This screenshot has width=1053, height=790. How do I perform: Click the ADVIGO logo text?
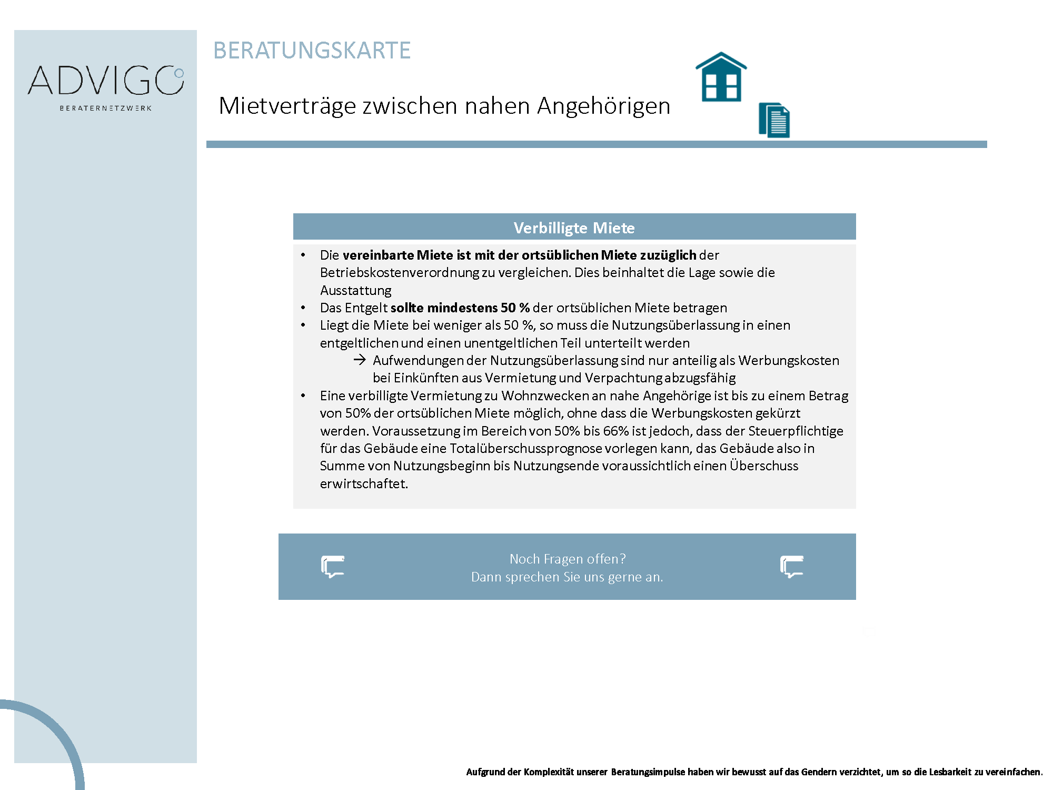coord(105,81)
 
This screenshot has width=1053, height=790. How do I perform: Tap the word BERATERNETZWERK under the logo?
coord(105,108)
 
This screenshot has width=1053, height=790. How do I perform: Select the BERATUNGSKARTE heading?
coord(312,51)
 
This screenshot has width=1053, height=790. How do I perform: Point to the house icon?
coord(721,77)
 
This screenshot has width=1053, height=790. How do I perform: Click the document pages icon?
coord(774,120)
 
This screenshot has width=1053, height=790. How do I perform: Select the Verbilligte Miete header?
coord(574,228)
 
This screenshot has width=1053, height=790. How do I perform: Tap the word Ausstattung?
coord(355,290)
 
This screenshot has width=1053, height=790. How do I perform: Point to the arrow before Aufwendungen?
coord(360,360)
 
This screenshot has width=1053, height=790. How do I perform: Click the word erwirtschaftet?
coord(363,483)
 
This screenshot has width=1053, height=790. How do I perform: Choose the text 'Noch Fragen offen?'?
coord(567,559)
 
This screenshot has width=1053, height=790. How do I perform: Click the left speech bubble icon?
coord(333,567)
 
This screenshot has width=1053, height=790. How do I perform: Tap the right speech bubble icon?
coord(791,567)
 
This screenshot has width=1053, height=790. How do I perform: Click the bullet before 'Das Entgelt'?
coord(303,308)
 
